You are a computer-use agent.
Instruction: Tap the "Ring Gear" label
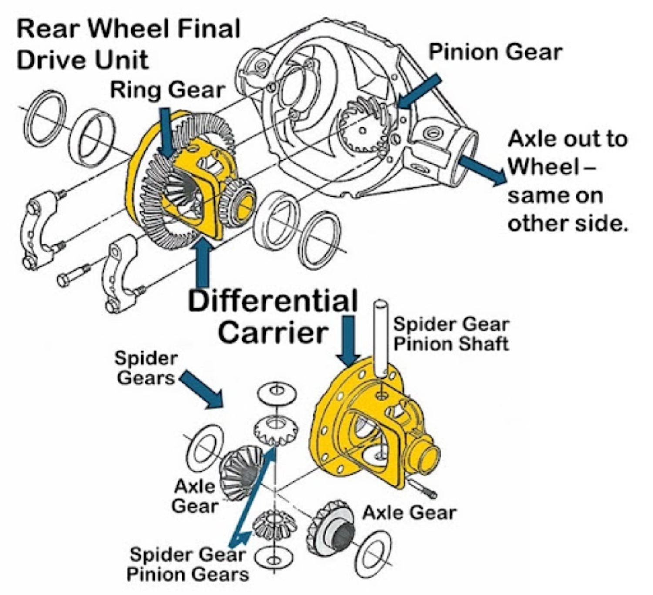click(168, 90)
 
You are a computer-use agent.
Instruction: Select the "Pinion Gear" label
click(495, 52)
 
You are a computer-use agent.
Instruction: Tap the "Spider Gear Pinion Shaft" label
click(451, 334)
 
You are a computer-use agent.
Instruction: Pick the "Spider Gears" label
click(146, 368)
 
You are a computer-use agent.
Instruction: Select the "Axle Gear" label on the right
click(409, 513)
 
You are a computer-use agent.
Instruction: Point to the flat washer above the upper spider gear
click(277, 393)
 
